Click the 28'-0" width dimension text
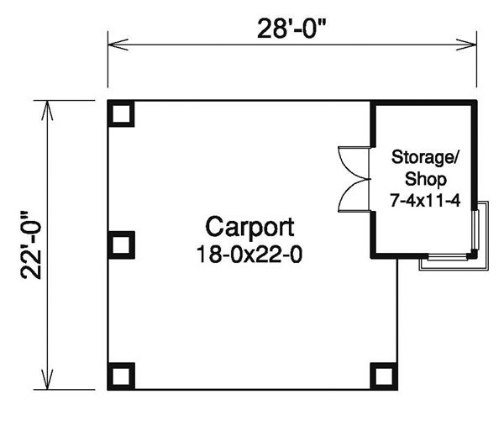(x=291, y=29)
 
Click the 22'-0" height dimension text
(x=31, y=245)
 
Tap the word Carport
(x=249, y=228)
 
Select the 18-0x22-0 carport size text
(x=249, y=254)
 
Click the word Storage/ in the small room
(x=426, y=157)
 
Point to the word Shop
(x=426, y=179)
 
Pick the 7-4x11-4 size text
(x=425, y=200)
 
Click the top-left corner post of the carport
(x=121, y=113)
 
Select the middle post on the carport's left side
(x=121, y=245)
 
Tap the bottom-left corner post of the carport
(x=121, y=376)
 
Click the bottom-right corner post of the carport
(x=384, y=376)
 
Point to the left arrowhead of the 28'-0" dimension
(x=118, y=45)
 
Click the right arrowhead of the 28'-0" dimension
(x=466, y=45)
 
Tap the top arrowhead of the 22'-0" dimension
(x=47, y=111)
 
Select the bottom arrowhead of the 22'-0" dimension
(x=47, y=380)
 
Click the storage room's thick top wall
(x=423, y=103)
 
